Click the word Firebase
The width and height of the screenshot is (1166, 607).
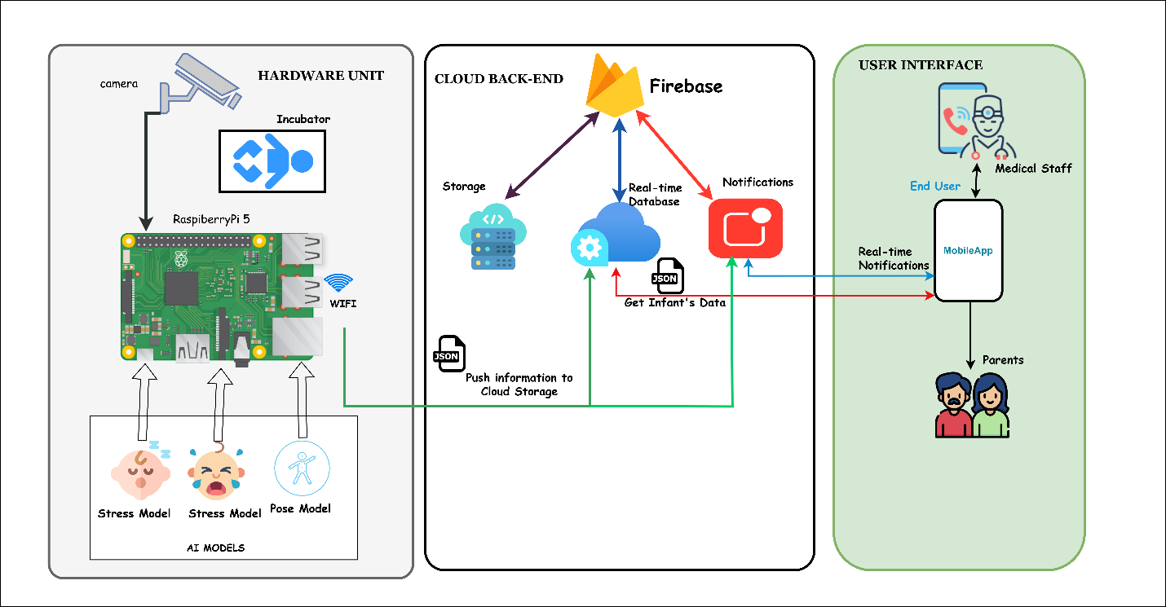pos(686,86)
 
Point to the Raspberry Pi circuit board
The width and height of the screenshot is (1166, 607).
pos(222,297)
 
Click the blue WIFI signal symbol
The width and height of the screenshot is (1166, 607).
pos(338,284)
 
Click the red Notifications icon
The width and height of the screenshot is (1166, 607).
pos(745,229)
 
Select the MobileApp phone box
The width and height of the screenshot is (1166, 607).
pos(968,250)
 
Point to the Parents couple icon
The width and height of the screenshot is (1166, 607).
pos(971,405)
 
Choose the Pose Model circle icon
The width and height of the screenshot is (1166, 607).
pos(302,469)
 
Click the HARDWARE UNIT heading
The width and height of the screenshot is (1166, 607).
pos(320,76)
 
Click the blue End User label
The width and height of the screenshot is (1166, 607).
pos(934,186)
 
